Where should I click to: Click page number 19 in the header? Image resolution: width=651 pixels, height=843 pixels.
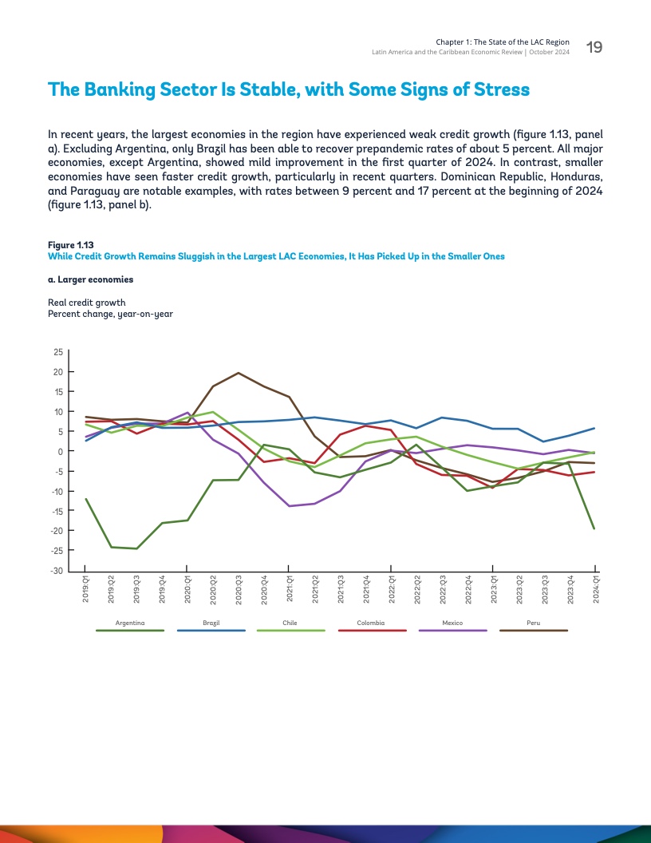[594, 48]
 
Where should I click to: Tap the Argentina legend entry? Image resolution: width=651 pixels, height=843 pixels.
[129, 623]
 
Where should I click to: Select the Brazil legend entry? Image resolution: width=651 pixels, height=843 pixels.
[211, 623]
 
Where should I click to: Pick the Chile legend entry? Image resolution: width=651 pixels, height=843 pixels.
[290, 623]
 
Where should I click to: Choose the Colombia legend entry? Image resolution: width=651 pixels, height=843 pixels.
[372, 623]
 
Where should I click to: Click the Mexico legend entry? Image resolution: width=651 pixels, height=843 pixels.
[452, 623]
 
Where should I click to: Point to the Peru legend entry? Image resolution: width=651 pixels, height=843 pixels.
[533, 623]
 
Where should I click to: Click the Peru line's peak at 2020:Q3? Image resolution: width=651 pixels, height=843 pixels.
[239, 373]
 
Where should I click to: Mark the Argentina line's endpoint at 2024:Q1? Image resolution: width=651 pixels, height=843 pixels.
[594, 528]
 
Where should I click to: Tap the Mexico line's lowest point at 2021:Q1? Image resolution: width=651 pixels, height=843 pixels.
[290, 506]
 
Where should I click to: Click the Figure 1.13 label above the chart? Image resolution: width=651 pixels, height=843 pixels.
[65, 244]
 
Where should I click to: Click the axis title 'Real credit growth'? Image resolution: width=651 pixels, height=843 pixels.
[87, 303]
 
